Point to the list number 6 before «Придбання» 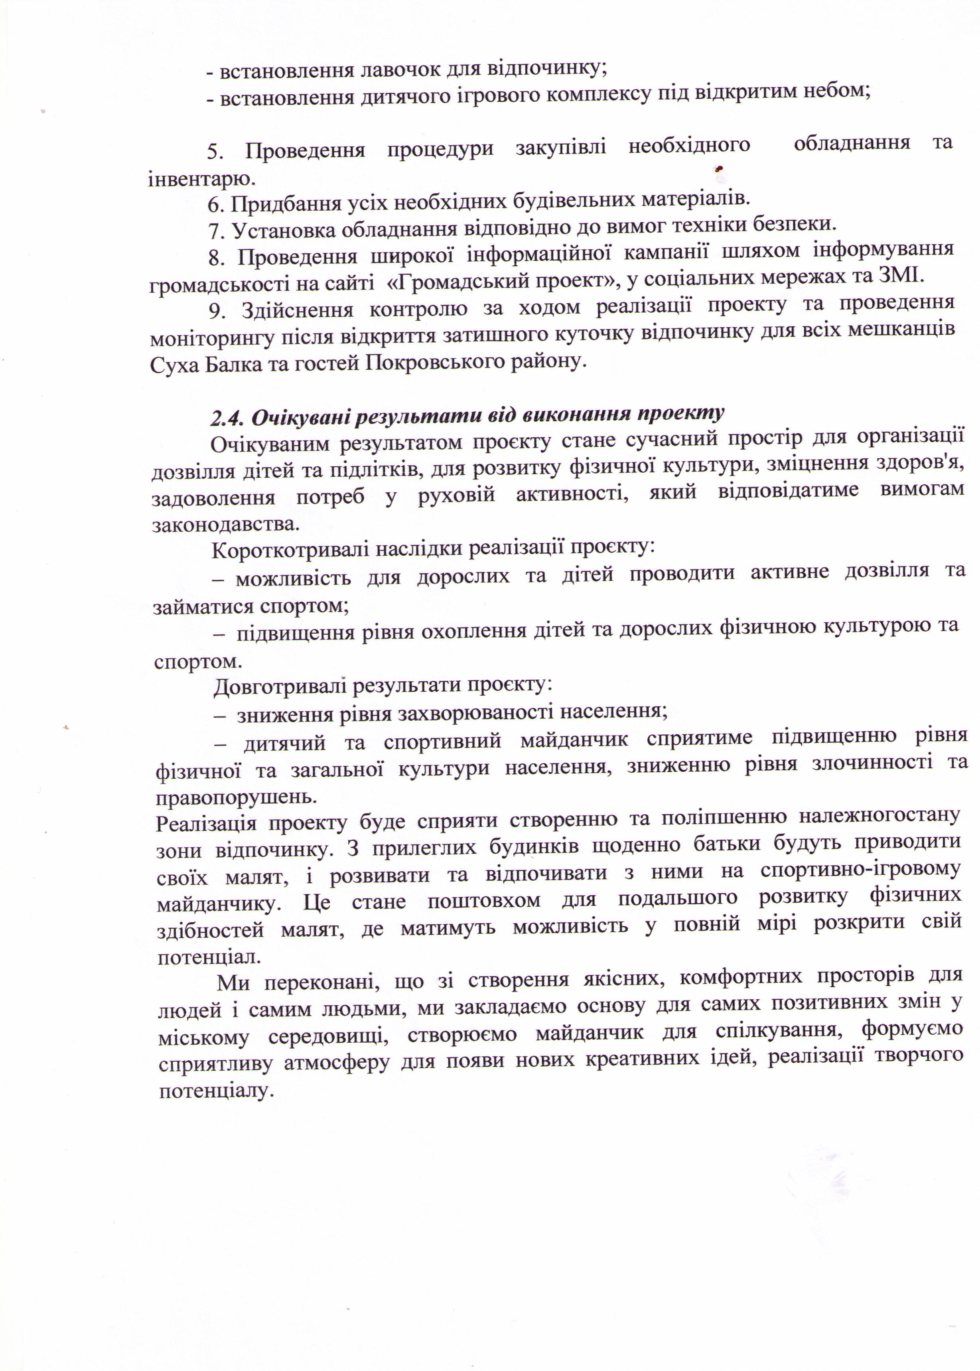(215, 205)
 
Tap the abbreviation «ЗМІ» (901, 276)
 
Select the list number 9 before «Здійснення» (217, 311)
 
